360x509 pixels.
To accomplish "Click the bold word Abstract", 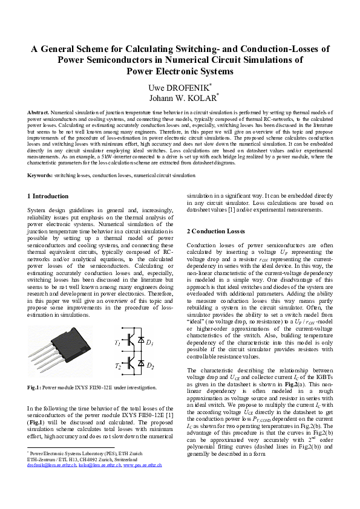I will click(x=38, y=113).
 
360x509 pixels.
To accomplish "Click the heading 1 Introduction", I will click(x=48, y=196).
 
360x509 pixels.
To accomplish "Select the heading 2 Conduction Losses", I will click(x=216, y=232).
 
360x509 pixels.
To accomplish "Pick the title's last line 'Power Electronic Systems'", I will click(x=180, y=71).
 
